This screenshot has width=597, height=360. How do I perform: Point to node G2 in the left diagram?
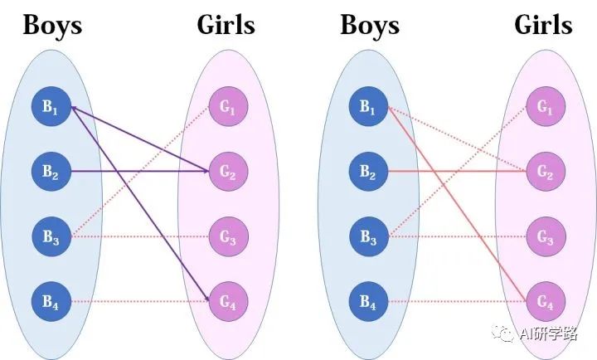227,172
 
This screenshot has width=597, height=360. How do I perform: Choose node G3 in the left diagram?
227,237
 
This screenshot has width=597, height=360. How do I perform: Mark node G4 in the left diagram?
227,303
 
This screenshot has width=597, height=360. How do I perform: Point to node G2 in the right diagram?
545,172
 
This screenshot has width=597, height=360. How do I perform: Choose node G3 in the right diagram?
545,237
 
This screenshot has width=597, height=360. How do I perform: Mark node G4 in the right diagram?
545,303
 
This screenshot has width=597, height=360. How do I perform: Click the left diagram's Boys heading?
52,25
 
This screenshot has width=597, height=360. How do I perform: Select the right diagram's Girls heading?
544,25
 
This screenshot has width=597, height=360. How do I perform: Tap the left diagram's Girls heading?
226,25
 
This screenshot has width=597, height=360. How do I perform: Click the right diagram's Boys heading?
370,25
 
